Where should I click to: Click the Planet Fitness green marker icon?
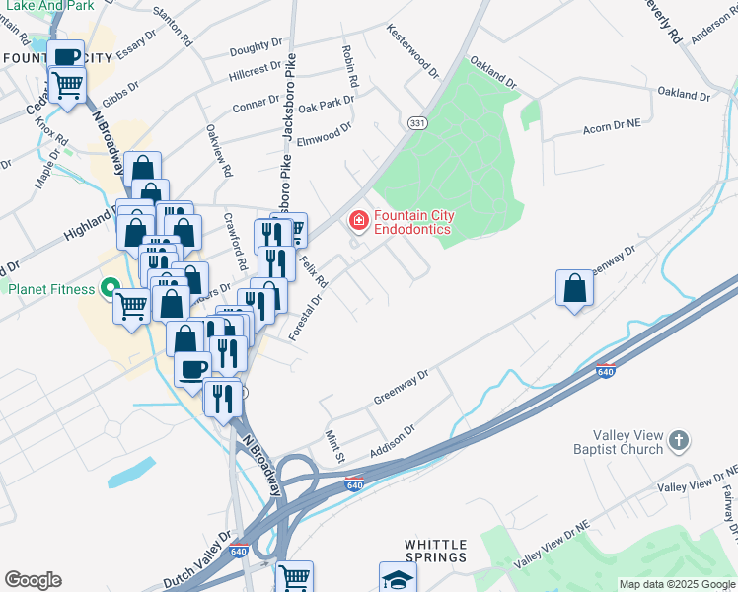point(111,289)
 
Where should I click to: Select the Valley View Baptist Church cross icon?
point(677,440)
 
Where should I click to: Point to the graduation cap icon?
point(398,578)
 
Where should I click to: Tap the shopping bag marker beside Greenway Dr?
point(574,289)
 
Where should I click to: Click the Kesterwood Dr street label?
point(413,50)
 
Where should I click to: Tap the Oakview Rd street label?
point(218,150)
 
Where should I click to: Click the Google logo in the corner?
point(33,579)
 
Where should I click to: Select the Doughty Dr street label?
point(256,50)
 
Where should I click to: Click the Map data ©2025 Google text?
point(677,584)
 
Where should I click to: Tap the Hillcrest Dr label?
point(255,74)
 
